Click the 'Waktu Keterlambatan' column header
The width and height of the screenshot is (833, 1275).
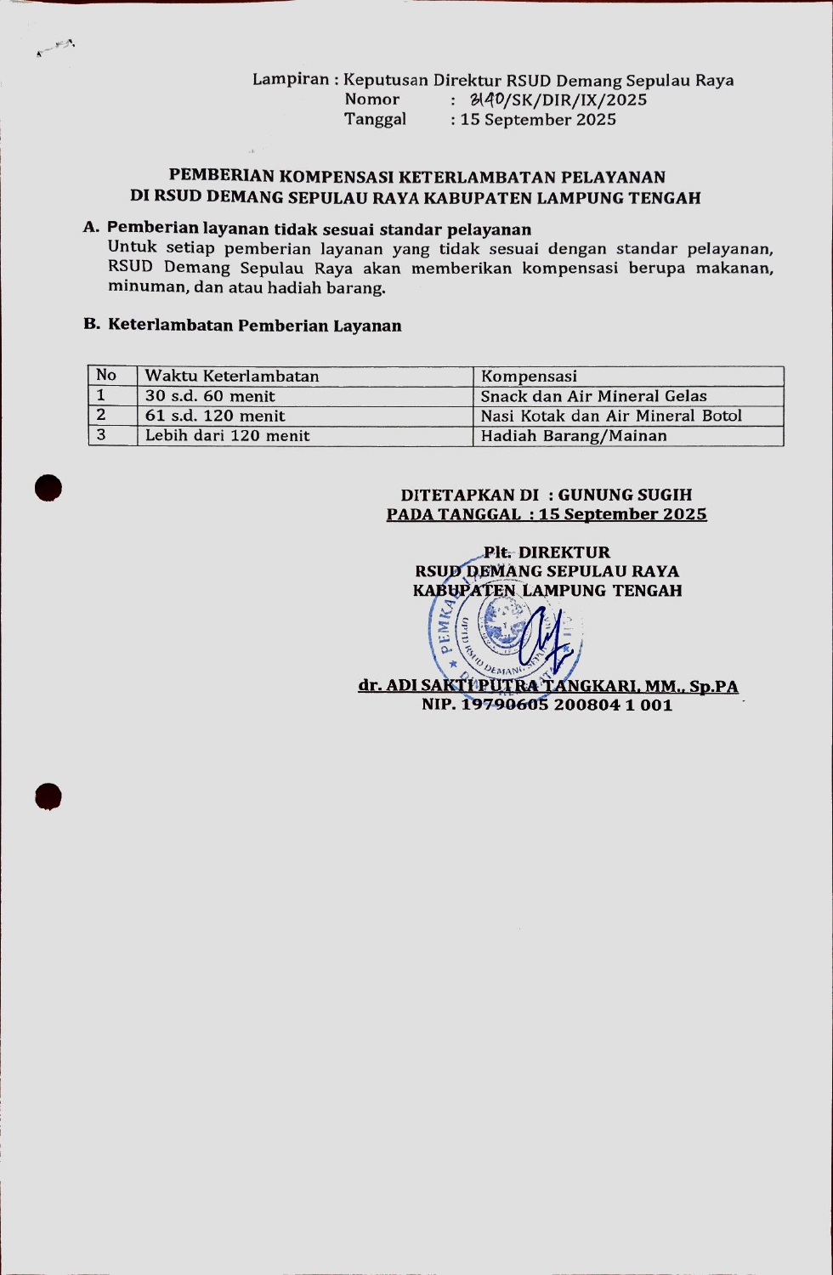coord(232,376)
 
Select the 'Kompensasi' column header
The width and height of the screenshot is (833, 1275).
coord(529,376)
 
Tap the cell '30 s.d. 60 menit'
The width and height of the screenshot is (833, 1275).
coord(210,396)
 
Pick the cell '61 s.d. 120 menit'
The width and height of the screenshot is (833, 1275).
coord(215,416)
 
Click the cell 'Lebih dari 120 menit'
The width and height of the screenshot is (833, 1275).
coord(227,436)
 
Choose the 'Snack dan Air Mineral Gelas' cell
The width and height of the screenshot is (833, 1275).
coord(593,396)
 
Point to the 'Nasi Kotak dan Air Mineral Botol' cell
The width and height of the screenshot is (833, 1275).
coord(611,416)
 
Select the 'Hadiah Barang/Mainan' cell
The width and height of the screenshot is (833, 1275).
coord(574,436)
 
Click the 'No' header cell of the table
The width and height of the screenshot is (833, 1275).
coord(106,375)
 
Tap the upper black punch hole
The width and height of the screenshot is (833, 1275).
coord(49,488)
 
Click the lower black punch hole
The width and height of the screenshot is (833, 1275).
coord(48,796)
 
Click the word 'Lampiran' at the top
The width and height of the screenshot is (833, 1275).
coord(291,80)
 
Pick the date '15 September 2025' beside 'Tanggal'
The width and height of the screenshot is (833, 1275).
coord(538,120)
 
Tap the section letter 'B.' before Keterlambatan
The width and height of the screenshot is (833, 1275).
coord(92,325)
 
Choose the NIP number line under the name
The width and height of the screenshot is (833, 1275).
coord(547,705)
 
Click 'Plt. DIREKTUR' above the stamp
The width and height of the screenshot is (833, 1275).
coord(547,552)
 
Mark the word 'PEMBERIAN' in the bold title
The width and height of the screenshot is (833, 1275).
coord(222,177)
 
